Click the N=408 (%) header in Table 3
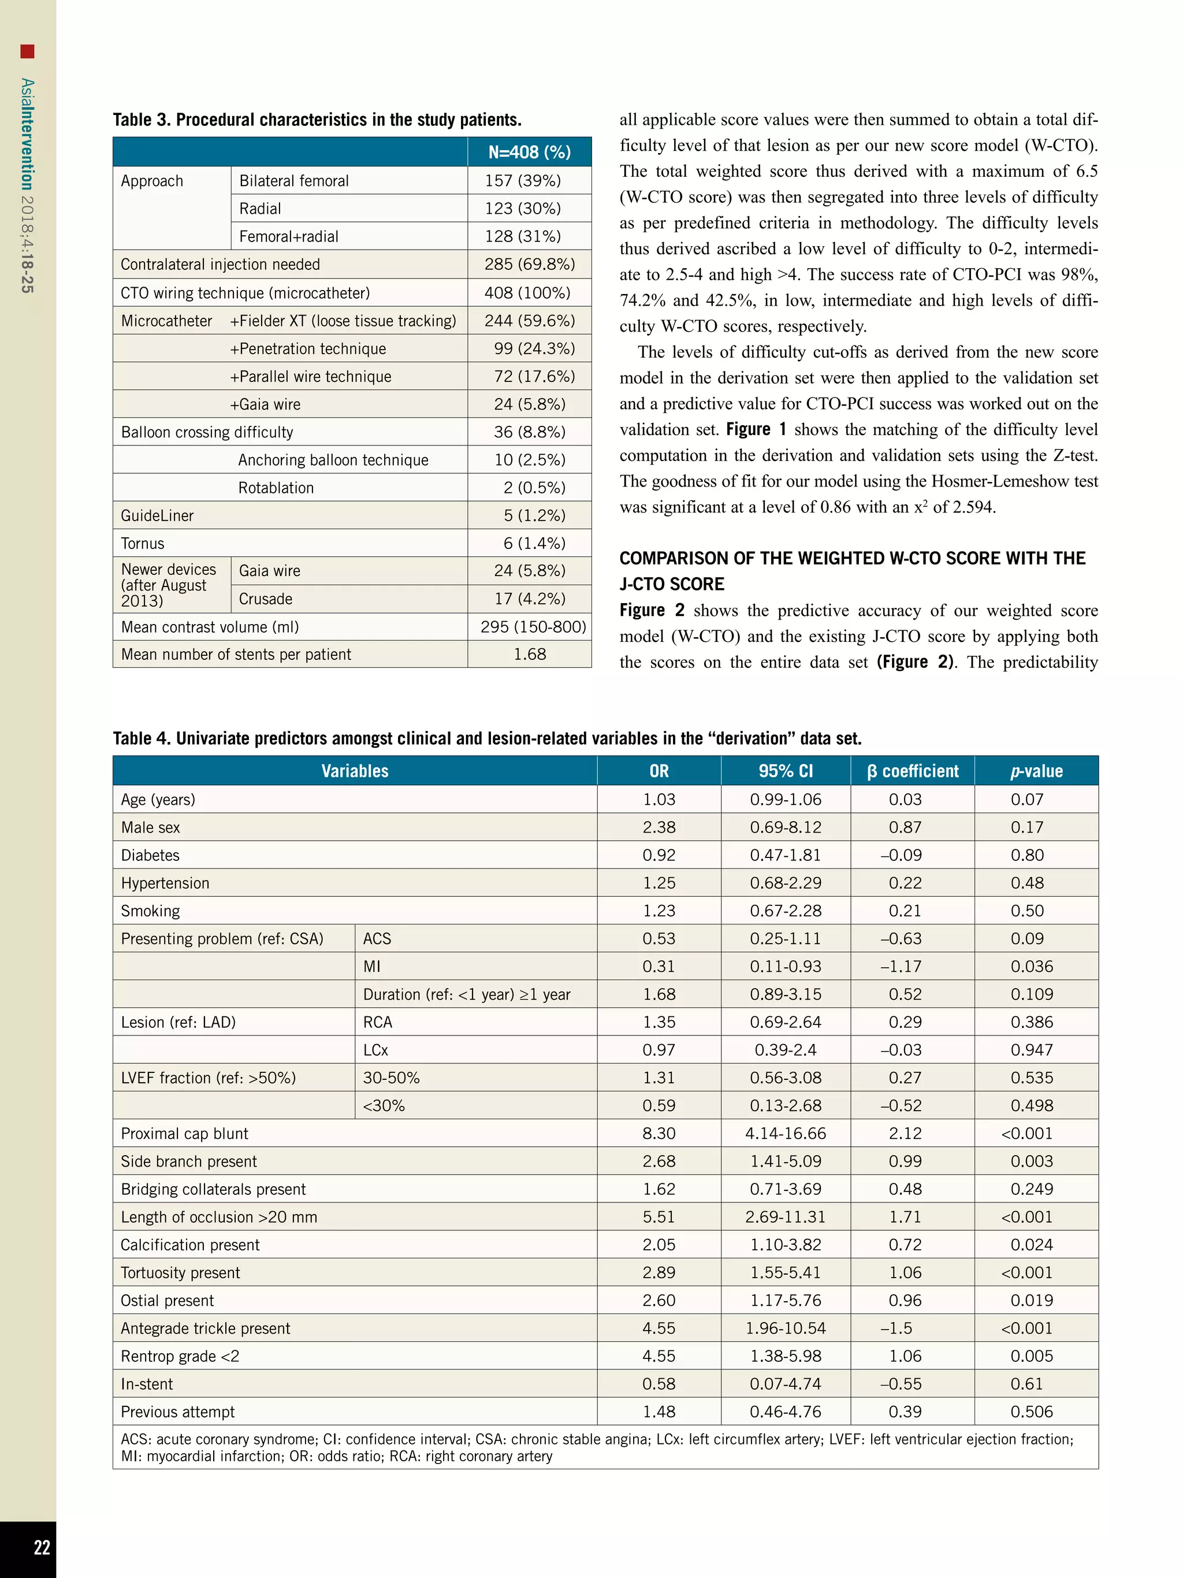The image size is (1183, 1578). pos(529,152)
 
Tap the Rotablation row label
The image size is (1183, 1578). pos(276,488)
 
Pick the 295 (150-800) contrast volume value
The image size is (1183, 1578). pos(533,626)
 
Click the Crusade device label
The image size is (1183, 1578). pos(265,599)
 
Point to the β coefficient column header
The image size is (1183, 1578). pos(912,771)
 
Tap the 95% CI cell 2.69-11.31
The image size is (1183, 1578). pos(785,1216)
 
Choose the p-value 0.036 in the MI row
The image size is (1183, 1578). pos(1031,966)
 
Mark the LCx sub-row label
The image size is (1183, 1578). pos(376,1049)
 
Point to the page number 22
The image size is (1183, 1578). pos(42,1547)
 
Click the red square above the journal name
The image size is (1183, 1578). pos(27,51)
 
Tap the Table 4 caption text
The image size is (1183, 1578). pos(486,738)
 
